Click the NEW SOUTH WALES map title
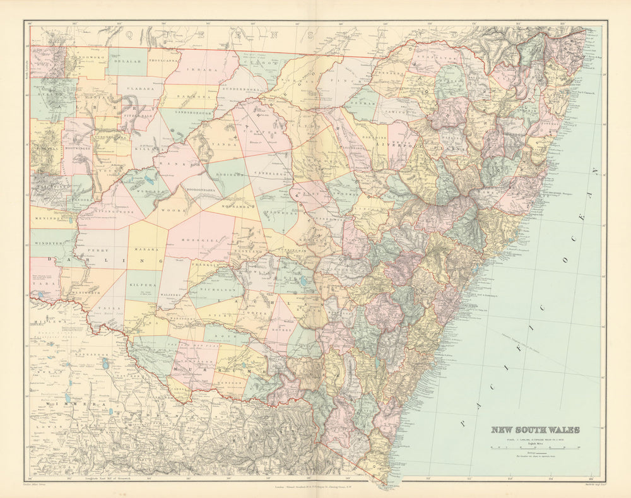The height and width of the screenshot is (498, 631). pyautogui.click(x=535, y=430)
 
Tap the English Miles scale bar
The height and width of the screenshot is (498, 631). pyautogui.click(x=535, y=447)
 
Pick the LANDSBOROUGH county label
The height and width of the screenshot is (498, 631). pyautogui.click(x=187, y=113)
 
